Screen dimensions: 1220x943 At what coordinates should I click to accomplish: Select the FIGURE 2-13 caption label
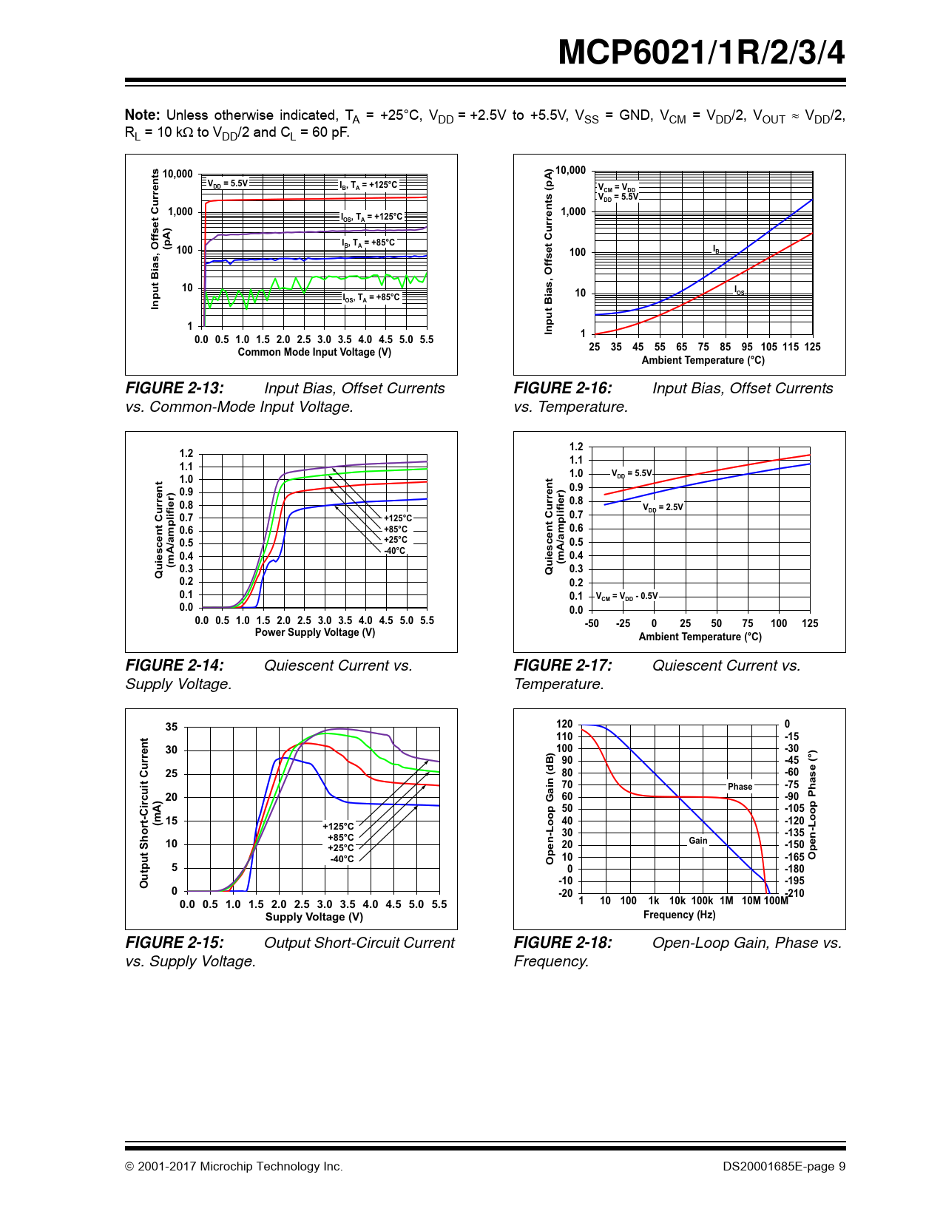tap(175, 388)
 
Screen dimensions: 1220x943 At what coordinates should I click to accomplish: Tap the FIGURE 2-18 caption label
tap(563, 943)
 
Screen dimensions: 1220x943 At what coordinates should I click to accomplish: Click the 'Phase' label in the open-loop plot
tap(740, 787)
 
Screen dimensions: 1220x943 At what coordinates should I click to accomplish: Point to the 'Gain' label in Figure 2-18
tap(698, 841)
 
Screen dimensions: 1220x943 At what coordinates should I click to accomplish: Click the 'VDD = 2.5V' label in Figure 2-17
tap(663, 507)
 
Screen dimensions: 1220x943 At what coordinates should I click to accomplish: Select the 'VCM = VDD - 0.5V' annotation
tap(627, 596)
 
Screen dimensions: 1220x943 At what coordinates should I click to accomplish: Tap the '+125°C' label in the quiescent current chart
tap(398, 518)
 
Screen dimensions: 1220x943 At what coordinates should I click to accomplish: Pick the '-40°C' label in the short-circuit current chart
tap(342, 859)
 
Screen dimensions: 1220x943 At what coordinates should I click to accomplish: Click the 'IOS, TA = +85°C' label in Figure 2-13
tap(371, 298)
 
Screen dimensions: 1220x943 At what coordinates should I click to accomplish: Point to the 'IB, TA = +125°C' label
tap(368, 185)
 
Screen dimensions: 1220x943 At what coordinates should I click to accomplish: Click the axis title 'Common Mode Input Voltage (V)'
tap(314, 353)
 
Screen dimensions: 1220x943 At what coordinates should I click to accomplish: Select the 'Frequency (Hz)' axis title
tap(679, 915)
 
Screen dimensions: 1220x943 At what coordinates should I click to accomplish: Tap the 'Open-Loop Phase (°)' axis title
tap(812, 804)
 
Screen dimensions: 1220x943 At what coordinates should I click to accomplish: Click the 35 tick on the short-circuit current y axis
tap(172, 727)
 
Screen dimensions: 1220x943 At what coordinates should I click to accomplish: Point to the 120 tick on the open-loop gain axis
tap(564, 724)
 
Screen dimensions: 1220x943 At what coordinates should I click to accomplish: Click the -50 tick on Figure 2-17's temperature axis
tap(592, 623)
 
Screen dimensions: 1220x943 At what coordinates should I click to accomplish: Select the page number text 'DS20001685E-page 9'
tap(784, 1167)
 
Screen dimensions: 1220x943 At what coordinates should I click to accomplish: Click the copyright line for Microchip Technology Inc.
tap(234, 1167)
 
